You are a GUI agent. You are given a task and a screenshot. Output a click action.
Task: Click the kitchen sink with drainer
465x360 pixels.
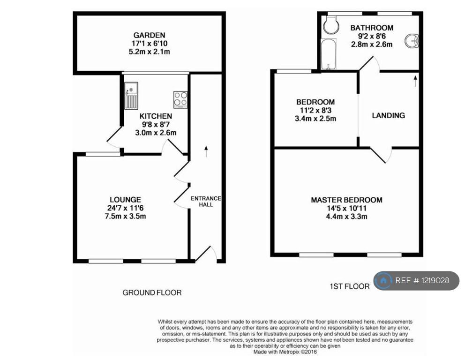pos(131,96)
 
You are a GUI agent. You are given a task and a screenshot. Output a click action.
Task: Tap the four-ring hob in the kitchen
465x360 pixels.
pos(180,99)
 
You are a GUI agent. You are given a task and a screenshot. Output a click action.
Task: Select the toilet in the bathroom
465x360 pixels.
pos(331,24)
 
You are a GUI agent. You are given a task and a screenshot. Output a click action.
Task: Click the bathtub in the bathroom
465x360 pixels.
pos(329,54)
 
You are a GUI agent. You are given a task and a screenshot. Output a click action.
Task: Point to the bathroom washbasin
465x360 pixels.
pos(412,41)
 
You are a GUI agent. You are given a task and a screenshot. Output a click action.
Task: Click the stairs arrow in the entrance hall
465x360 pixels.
pos(206,151)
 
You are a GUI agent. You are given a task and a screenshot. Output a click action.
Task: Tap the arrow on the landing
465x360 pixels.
pos(415,81)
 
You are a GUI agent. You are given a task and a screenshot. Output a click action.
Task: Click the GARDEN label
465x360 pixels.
pos(149,35)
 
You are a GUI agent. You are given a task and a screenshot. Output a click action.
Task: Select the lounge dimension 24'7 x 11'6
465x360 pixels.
pos(126,208)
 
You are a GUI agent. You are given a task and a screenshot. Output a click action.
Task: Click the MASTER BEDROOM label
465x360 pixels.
pos(346,200)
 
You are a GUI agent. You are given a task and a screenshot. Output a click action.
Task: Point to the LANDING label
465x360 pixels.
pos(389,115)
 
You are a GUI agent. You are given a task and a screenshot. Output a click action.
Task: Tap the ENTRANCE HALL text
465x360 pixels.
pos(206,202)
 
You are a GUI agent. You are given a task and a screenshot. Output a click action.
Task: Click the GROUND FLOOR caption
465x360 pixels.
pos(152,292)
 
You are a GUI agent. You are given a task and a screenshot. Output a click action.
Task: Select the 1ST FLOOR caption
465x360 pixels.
pos(350,286)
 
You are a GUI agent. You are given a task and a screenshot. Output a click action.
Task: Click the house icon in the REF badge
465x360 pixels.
pos(383,280)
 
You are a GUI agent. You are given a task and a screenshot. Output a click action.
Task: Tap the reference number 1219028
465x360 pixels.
pos(435,280)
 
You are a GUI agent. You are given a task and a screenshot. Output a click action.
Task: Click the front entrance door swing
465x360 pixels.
pos(206,254)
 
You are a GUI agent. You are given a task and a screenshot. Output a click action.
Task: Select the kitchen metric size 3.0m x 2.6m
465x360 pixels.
pos(156,133)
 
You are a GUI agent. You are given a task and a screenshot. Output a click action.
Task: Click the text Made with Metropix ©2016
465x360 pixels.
pos(285,352)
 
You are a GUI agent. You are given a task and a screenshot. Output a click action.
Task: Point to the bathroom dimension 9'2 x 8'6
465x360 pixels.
pos(372,36)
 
